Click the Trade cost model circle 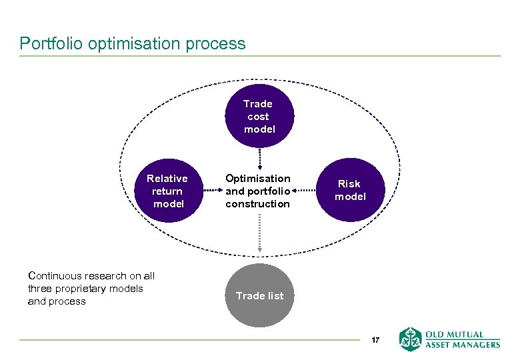[x=259, y=117]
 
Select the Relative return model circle [x=167, y=191]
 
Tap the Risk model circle [x=349, y=191]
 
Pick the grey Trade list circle [x=259, y=295]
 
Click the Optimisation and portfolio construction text [x=258, y=191]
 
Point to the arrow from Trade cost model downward [x=259, y=159]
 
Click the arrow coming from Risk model [x=303, y=191]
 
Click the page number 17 [x=375, y=341]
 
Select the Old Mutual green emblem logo [x=410, y=339]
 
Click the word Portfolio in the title [x=45, y=44]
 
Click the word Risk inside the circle [x=349, y=184]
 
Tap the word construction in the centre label [x=257, y=204]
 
